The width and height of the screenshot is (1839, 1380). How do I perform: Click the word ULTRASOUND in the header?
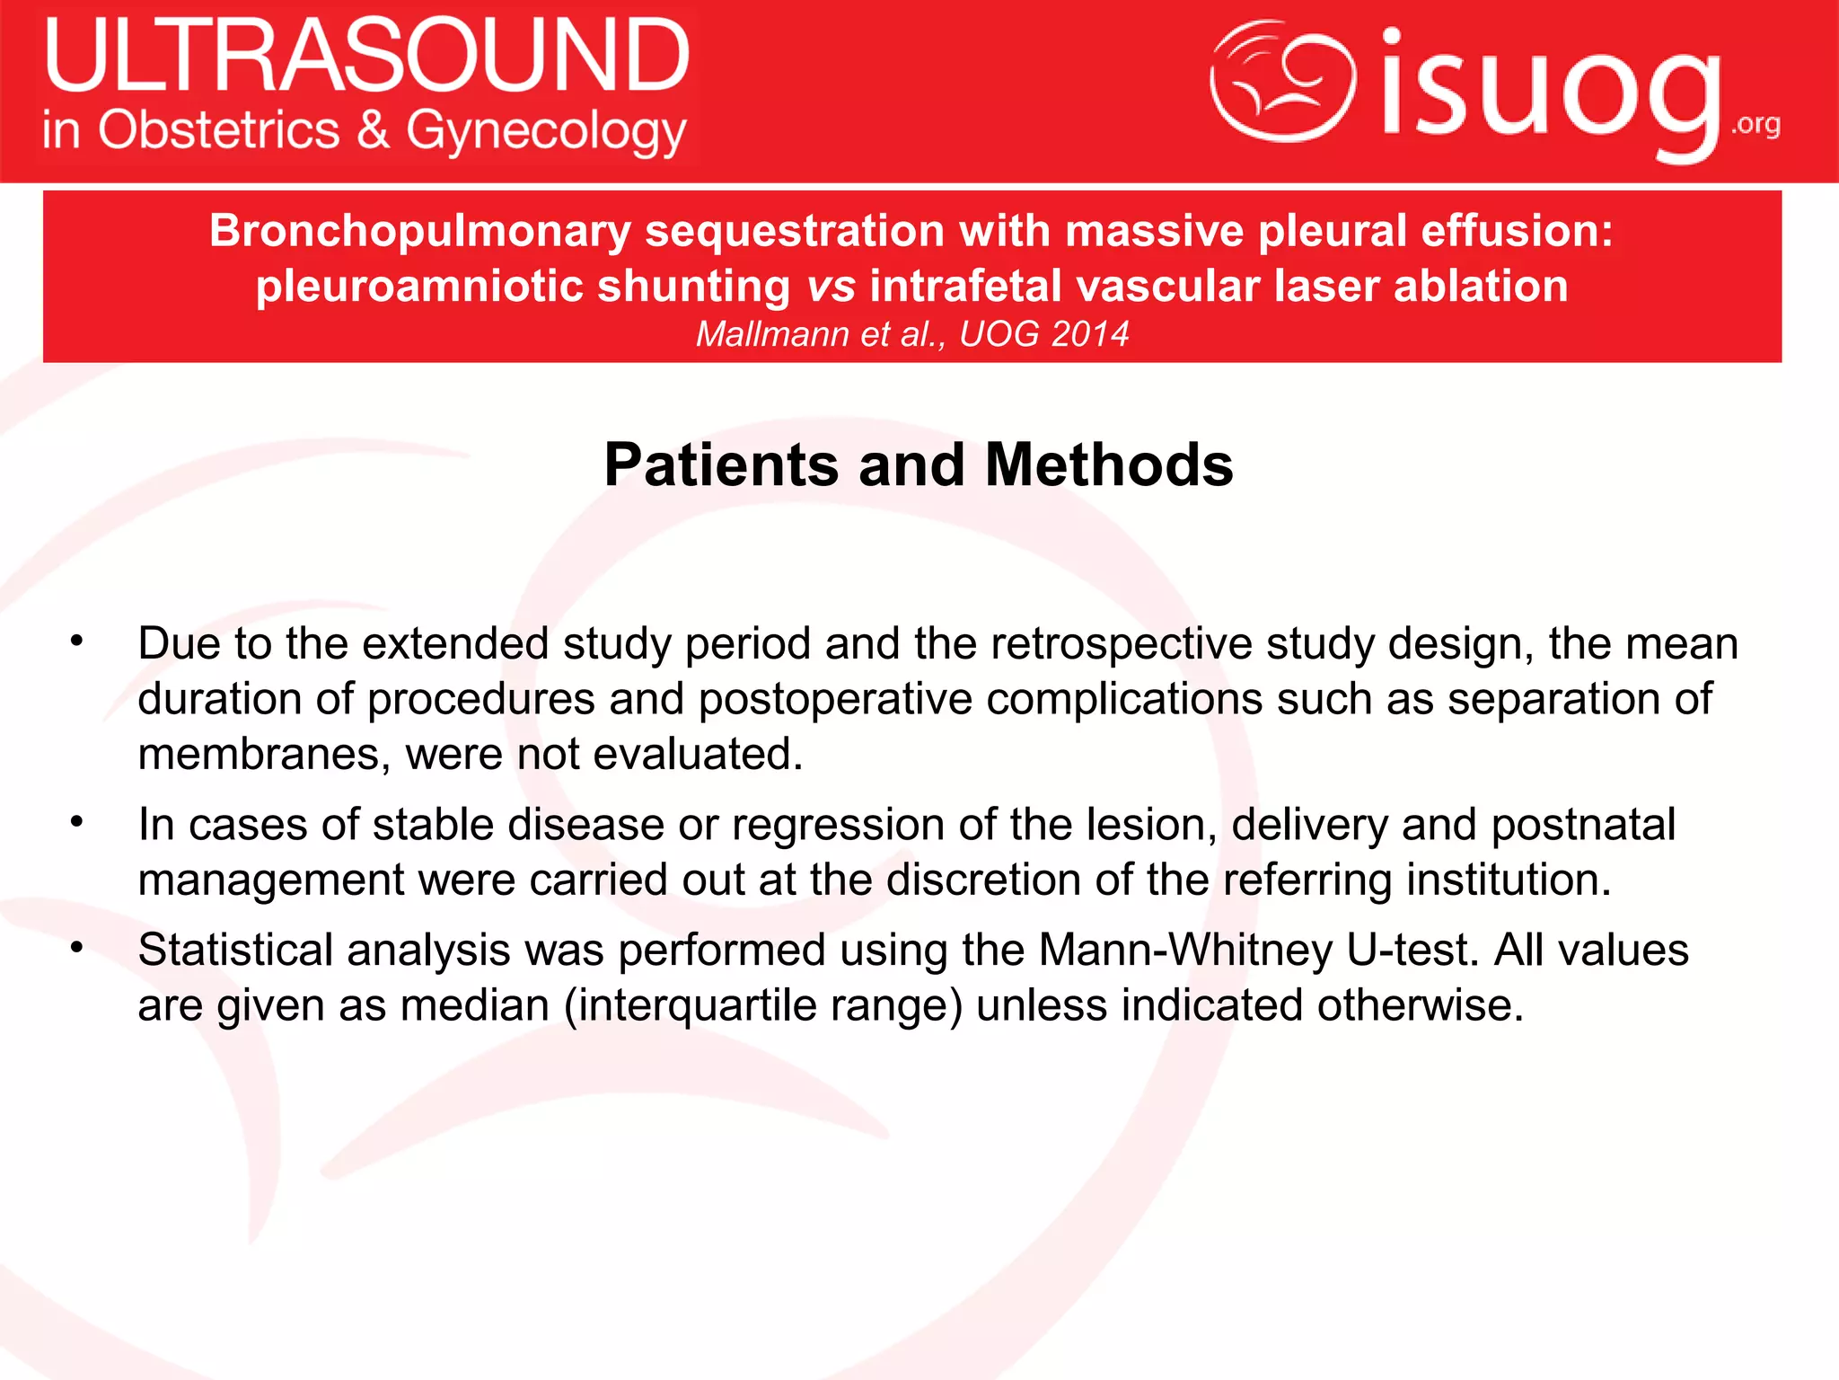click(x=366, y=56)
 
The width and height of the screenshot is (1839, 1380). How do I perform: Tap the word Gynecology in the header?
click(x=546, y=131)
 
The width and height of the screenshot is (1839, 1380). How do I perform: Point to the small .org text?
click(x=1755, y=124)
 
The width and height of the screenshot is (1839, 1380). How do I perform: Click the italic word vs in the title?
click(x=831, y=287)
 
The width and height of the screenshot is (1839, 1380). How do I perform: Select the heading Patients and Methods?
click(x=919, y=464)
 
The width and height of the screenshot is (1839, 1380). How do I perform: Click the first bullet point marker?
click(x=77, y=641)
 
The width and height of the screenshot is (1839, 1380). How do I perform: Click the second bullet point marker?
click(x=77, y=822)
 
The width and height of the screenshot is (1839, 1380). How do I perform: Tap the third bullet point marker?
click(x=77, y=948)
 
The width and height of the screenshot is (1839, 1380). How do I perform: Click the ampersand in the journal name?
click(x=373, y=131)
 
